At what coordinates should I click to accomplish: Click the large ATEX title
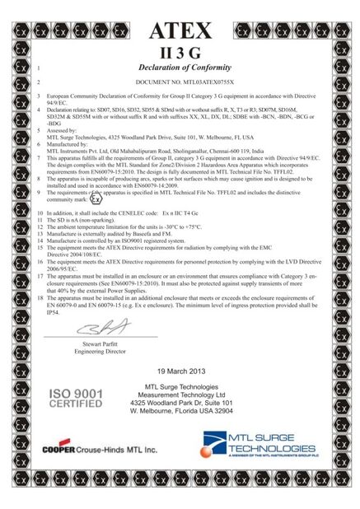183,30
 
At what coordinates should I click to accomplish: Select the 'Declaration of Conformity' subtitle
183,68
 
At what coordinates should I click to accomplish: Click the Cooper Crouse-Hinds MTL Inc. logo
99,449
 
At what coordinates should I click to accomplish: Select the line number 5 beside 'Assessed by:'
39,129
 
